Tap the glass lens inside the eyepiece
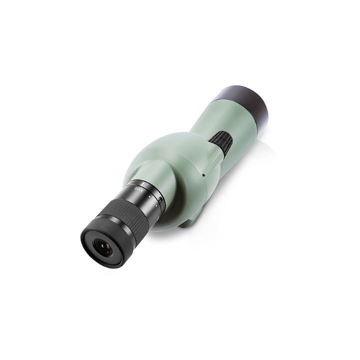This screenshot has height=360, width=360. [x=103, y=248]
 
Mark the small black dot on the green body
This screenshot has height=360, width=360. [x=203, y=175]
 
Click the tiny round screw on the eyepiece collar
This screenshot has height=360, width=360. [x=160, y=200]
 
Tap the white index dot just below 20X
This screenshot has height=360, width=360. [x=149, y=196]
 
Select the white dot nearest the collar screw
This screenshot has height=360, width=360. [x=156, y=206]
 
